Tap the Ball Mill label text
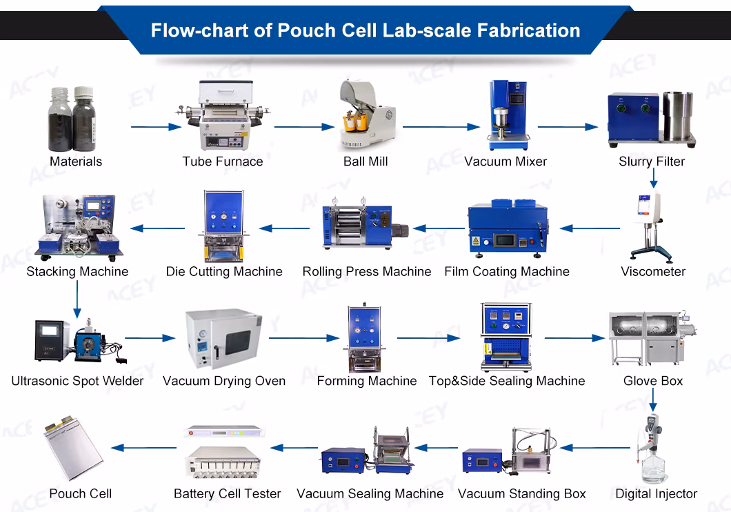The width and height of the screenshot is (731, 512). click(365, 161)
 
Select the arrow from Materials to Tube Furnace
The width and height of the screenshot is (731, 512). click(155, 127)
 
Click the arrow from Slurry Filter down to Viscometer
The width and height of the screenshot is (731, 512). click(652, 178)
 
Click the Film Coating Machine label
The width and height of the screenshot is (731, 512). click(507, 271)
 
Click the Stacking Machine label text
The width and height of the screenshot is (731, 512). click(77, 271)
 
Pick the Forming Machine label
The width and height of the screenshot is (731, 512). click(366, 381)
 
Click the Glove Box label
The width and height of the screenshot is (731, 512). click(653, 381)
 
